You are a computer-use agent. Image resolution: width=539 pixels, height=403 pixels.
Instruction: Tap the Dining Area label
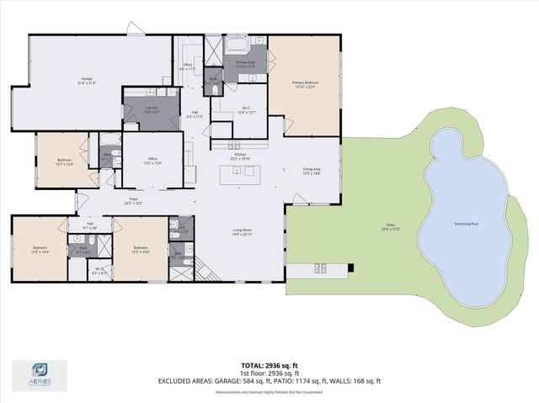coord(312,171)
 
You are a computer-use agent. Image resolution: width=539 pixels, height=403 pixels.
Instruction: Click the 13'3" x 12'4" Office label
coord(151,161)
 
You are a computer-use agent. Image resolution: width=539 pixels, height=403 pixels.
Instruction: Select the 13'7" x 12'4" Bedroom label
coord(65,162)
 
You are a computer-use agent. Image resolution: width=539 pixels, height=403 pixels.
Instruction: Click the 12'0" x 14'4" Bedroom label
coord(40,251)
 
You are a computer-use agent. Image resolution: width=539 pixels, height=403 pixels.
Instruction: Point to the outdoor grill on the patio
coord(321,269)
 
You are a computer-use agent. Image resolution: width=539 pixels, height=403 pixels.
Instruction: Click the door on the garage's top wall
coord(134,29)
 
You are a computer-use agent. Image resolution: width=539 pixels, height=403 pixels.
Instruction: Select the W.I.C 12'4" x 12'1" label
coord(247,111)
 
